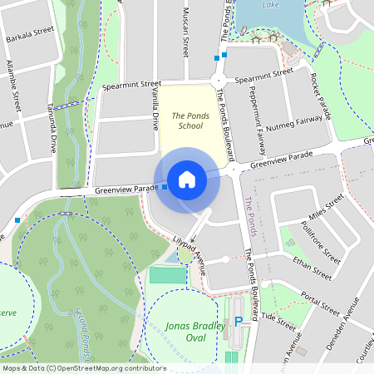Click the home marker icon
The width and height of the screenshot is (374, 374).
[x=186, y=180]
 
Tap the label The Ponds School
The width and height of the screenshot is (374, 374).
[x=186, y=121]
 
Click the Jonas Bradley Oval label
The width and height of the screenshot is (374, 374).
[x=196, y=332]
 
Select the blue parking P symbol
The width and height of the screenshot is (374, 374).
[x=239, y=322]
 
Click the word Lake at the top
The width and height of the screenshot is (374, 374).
[x=269, y=4]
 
